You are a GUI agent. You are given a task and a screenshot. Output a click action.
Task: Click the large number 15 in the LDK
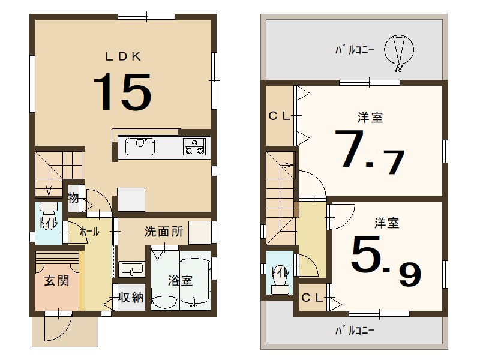(x=122, y=91)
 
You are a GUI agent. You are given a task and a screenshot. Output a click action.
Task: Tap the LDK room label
(x=123, y=57)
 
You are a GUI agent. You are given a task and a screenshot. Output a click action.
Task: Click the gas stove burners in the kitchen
(x=194, y=146)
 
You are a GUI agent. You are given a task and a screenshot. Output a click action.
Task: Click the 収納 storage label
(x=131, y=298)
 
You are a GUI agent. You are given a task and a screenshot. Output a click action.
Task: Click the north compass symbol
(x=399, y=51)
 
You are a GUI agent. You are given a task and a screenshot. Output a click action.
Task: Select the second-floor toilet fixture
(x=279, y=280)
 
